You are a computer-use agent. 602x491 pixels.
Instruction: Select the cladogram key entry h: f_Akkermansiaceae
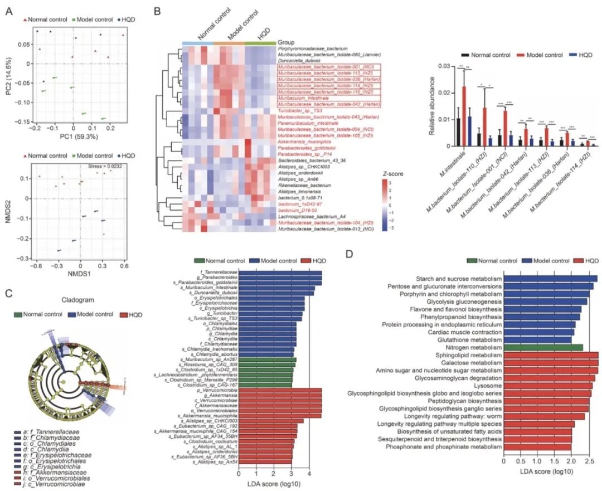49,471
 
